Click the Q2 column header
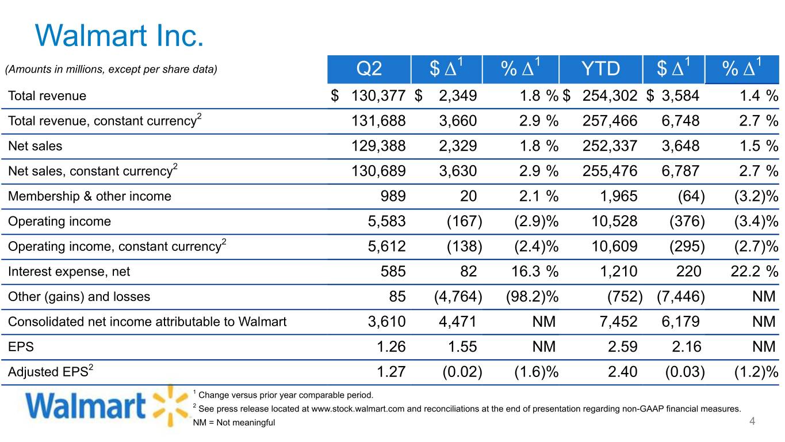(369, 68)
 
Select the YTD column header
(600, 68)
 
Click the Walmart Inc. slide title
(119, 35)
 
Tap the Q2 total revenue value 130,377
(378, 96)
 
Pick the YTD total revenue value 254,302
(610, 96)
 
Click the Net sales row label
(35, 146)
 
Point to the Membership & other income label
(90, 196)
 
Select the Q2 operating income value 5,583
(386, 222)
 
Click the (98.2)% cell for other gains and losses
(532, 297)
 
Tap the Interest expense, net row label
(69, 272)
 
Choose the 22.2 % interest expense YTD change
(755, 272)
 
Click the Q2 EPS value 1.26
(391, 347)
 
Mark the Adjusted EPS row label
(51, 371)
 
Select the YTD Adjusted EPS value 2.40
(622, 372)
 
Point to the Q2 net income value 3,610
(386, 322)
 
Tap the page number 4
(752, 421)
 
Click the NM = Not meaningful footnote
(233, 422)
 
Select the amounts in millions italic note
(111, 69)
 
